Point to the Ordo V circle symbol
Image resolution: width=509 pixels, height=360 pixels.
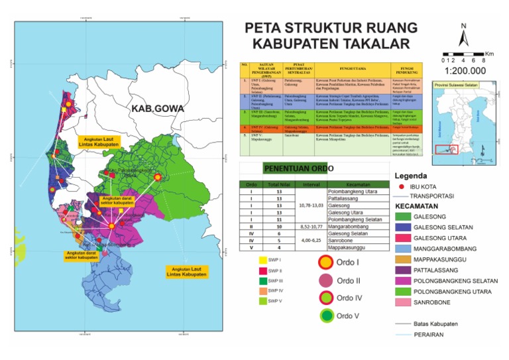pos(326,316)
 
